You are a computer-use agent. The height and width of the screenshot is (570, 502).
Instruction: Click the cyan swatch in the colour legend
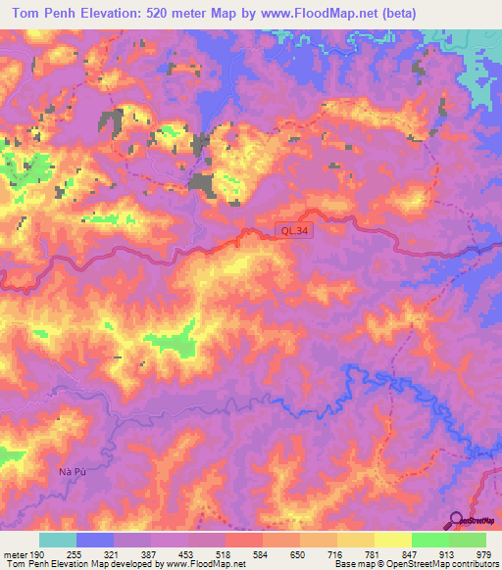point(58,539)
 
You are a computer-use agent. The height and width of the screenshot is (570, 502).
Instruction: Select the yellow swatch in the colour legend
point(393,539)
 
